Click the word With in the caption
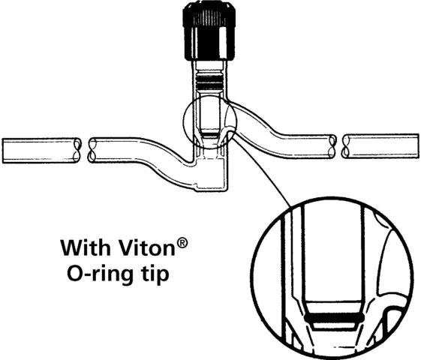[86, 248]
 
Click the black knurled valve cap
[209, 31]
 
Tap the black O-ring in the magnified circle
[334, 318]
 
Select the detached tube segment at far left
[41, 150]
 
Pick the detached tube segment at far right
[380, 146]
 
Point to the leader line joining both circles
[263, 172]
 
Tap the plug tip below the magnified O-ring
[334, 325]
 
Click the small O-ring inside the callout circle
[209, 133]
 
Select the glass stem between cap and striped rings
[209, 67]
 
